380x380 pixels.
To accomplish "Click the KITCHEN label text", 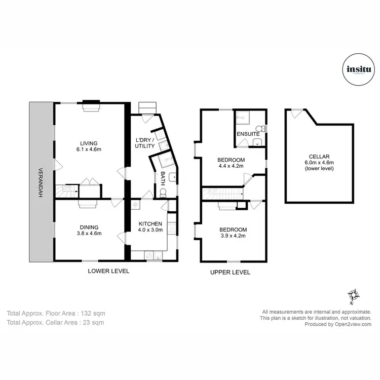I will pos(150,223).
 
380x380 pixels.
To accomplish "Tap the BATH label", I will pos(163,178).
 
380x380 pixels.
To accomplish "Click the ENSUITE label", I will pos(247,134).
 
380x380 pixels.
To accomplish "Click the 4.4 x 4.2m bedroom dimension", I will pos(231,166).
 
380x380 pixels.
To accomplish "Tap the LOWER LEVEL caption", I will pos(108,271).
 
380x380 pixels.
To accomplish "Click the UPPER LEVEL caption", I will pos(230,273).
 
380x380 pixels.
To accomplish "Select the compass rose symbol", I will pos(353,295).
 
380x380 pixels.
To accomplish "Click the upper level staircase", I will pos(222,193).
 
